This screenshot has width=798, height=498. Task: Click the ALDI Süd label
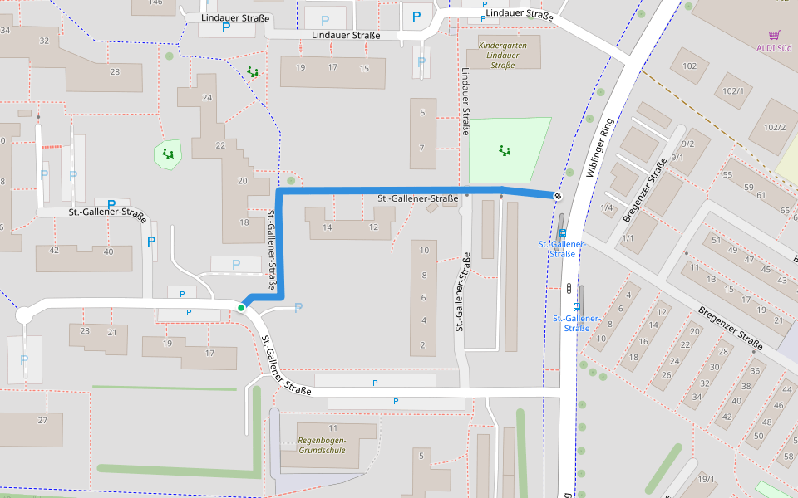pos(774,47)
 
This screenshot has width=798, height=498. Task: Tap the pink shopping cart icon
pos(775,35)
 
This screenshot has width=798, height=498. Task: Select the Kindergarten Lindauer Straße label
pos(498,55)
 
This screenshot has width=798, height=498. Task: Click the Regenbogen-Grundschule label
pos(322,445)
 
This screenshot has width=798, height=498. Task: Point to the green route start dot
pos(241,308)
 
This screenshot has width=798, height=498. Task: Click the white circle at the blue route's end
pos(556,196)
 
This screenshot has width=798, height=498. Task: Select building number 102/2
pos(776,127)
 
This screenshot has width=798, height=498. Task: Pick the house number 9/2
pos(687,143)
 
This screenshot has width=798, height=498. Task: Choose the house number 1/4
pos(606,207)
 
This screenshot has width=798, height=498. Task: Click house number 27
pos(42,420)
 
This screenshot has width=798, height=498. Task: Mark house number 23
pos(85,331)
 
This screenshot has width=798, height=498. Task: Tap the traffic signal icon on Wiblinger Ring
pos(569,288)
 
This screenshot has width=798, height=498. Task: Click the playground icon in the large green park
pos(505,150)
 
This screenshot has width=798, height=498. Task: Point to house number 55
pos(727,175)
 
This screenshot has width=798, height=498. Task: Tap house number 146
pos(155,2)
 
